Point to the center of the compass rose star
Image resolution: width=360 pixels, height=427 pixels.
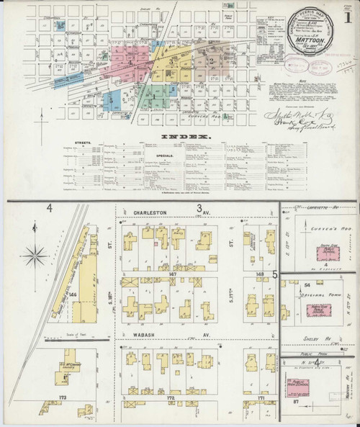(x=35, y=253)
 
